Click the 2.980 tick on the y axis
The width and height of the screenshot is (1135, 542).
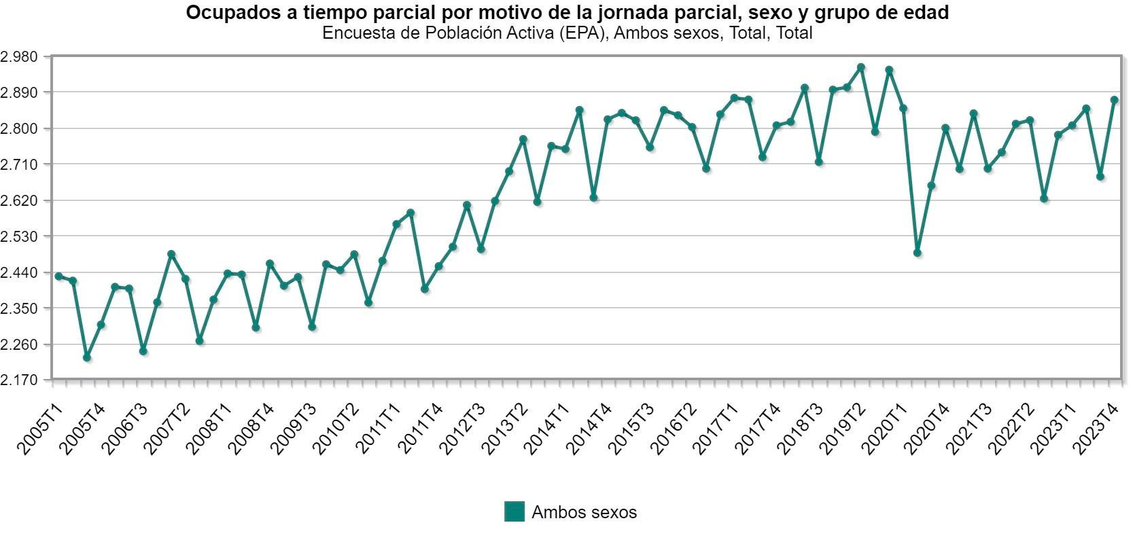click(21, 56)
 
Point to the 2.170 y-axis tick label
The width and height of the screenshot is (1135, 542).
click(21, 380)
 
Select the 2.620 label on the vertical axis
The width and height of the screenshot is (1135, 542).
click(21, 200)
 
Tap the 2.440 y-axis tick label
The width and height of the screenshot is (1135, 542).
click(21, 272)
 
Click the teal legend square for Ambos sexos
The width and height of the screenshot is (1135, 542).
click(514, 511)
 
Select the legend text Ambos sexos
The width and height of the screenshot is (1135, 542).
click(584, 512)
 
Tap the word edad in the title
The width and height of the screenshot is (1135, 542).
click(927, 12)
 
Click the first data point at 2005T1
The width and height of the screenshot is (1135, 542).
click(58, 276)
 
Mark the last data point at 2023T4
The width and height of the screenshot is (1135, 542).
click(1115, 100)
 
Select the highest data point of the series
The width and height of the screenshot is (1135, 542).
click(861, 67)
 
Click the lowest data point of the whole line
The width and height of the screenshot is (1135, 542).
click(87, 357)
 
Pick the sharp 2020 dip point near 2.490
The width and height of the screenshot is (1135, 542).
click(918, 253)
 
